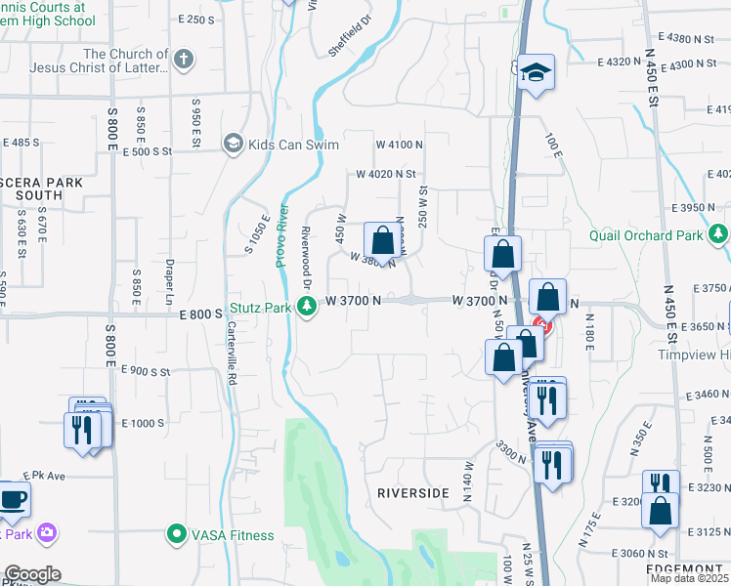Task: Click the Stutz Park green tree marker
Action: [308, 309]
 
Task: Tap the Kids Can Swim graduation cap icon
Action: [233, 145]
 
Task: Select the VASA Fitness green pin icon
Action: [176, 534]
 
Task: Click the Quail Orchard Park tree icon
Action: [719, 234]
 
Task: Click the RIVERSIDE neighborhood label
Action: [412, 493]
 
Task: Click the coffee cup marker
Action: [13, 499]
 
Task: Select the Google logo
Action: [32, 574]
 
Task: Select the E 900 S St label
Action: [147, 371]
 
